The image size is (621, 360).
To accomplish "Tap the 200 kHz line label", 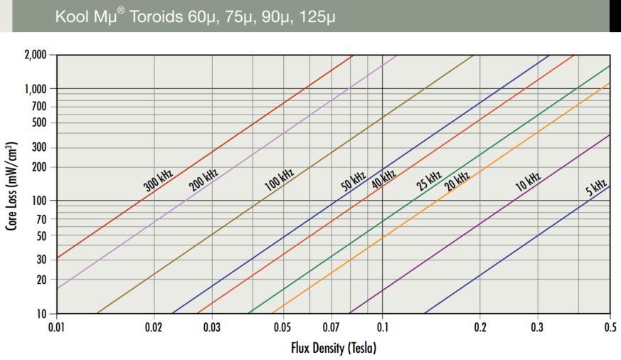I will click(x=203, y=179).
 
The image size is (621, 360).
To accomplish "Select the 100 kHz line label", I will click(x=279, y=179).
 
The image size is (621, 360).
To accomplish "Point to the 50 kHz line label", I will click(x=353, y=181).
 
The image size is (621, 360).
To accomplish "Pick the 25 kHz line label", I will click(x=428, y=181).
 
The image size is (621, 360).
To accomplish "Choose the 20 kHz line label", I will click(x=457, y=181).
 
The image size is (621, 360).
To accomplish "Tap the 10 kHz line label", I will click(x=528, y=182).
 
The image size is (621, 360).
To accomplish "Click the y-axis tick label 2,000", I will click(x=36, y=55).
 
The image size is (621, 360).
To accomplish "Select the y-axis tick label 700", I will click(x=39, y=106).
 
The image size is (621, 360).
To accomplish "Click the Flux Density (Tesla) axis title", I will click(x=334, y=348).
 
